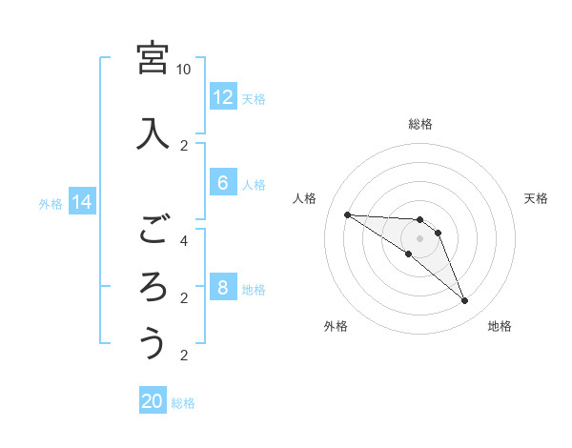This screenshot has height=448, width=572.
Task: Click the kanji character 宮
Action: (x=153, y=58)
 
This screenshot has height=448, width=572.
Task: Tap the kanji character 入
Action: (x=153, y=133)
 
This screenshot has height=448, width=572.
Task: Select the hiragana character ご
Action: (x=153, y=229)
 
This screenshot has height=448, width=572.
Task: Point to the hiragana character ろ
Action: (x=153, y=286)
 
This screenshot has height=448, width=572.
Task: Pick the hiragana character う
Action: (x=153, y=343)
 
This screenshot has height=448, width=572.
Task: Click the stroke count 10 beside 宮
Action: (x=183, y=70)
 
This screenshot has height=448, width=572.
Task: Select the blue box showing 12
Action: (x=222, y=97)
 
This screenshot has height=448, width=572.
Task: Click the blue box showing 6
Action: (x=222, y=184)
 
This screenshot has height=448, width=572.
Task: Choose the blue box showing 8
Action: (x=222, y=289)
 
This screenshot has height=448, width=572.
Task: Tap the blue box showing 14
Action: (x=82, y=202)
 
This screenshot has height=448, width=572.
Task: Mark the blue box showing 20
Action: (x=153, y=401)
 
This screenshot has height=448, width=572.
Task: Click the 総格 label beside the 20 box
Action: (x=183, y=403)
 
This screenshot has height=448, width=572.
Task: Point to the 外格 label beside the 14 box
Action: (x=51, y=203)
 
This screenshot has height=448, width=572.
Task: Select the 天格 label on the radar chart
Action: (x=536, y=198)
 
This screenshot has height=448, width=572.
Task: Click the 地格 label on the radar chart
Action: (x=500, y=327)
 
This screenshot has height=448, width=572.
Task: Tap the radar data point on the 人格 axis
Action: (x=347, y=214)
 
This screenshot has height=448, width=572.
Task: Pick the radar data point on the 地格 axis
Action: (x=464, y=301)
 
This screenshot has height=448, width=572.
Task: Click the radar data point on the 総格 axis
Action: (x=419, y=219)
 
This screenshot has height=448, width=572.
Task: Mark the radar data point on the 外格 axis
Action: (x=408, y=255)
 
